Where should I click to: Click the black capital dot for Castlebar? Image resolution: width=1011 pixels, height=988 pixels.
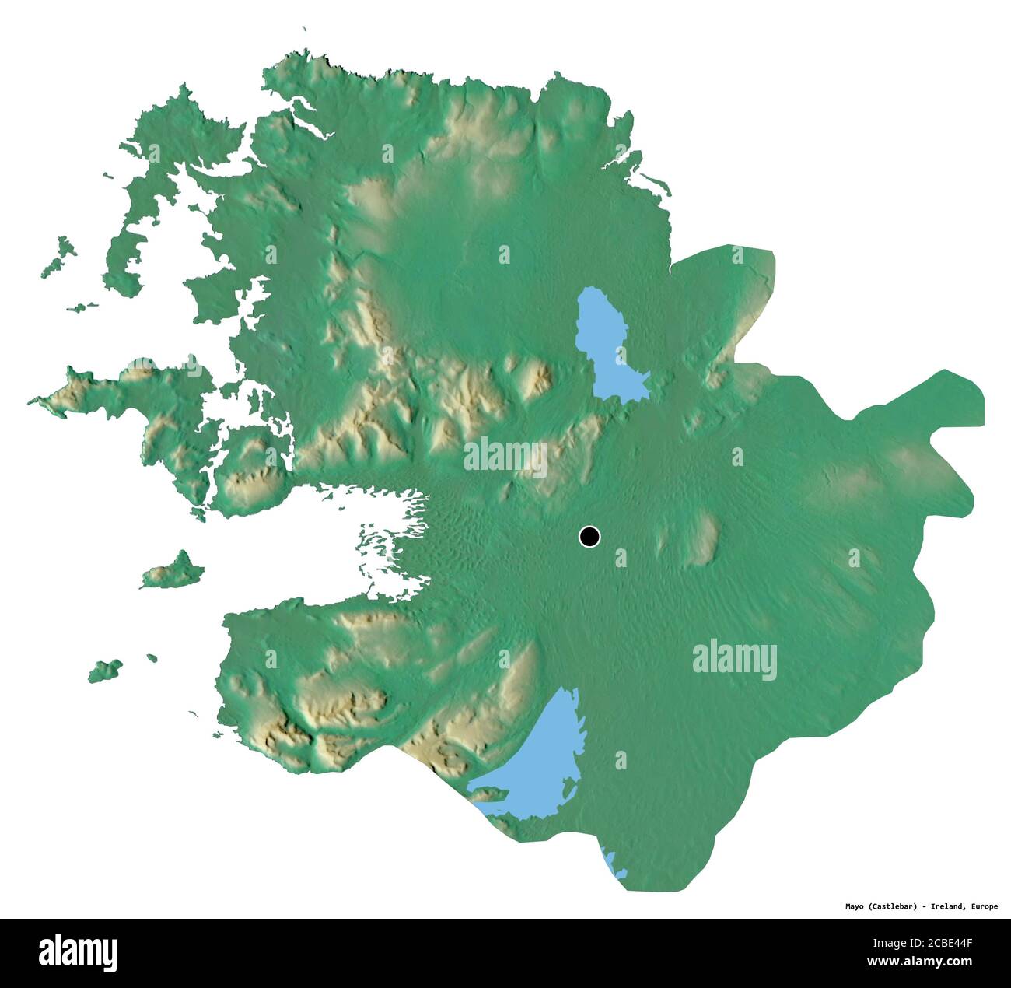[590, 536]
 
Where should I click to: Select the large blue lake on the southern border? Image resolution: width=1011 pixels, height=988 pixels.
[537, 766]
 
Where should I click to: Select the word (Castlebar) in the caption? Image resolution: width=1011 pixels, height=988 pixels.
[895, 906]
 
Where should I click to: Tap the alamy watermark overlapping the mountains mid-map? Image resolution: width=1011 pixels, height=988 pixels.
[505, 457]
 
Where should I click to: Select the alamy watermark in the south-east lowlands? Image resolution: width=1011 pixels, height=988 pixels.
[734, 660]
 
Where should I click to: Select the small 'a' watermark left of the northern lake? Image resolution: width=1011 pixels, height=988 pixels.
[504, 254]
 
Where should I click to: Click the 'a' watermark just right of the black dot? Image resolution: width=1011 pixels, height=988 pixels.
[620, 557]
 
